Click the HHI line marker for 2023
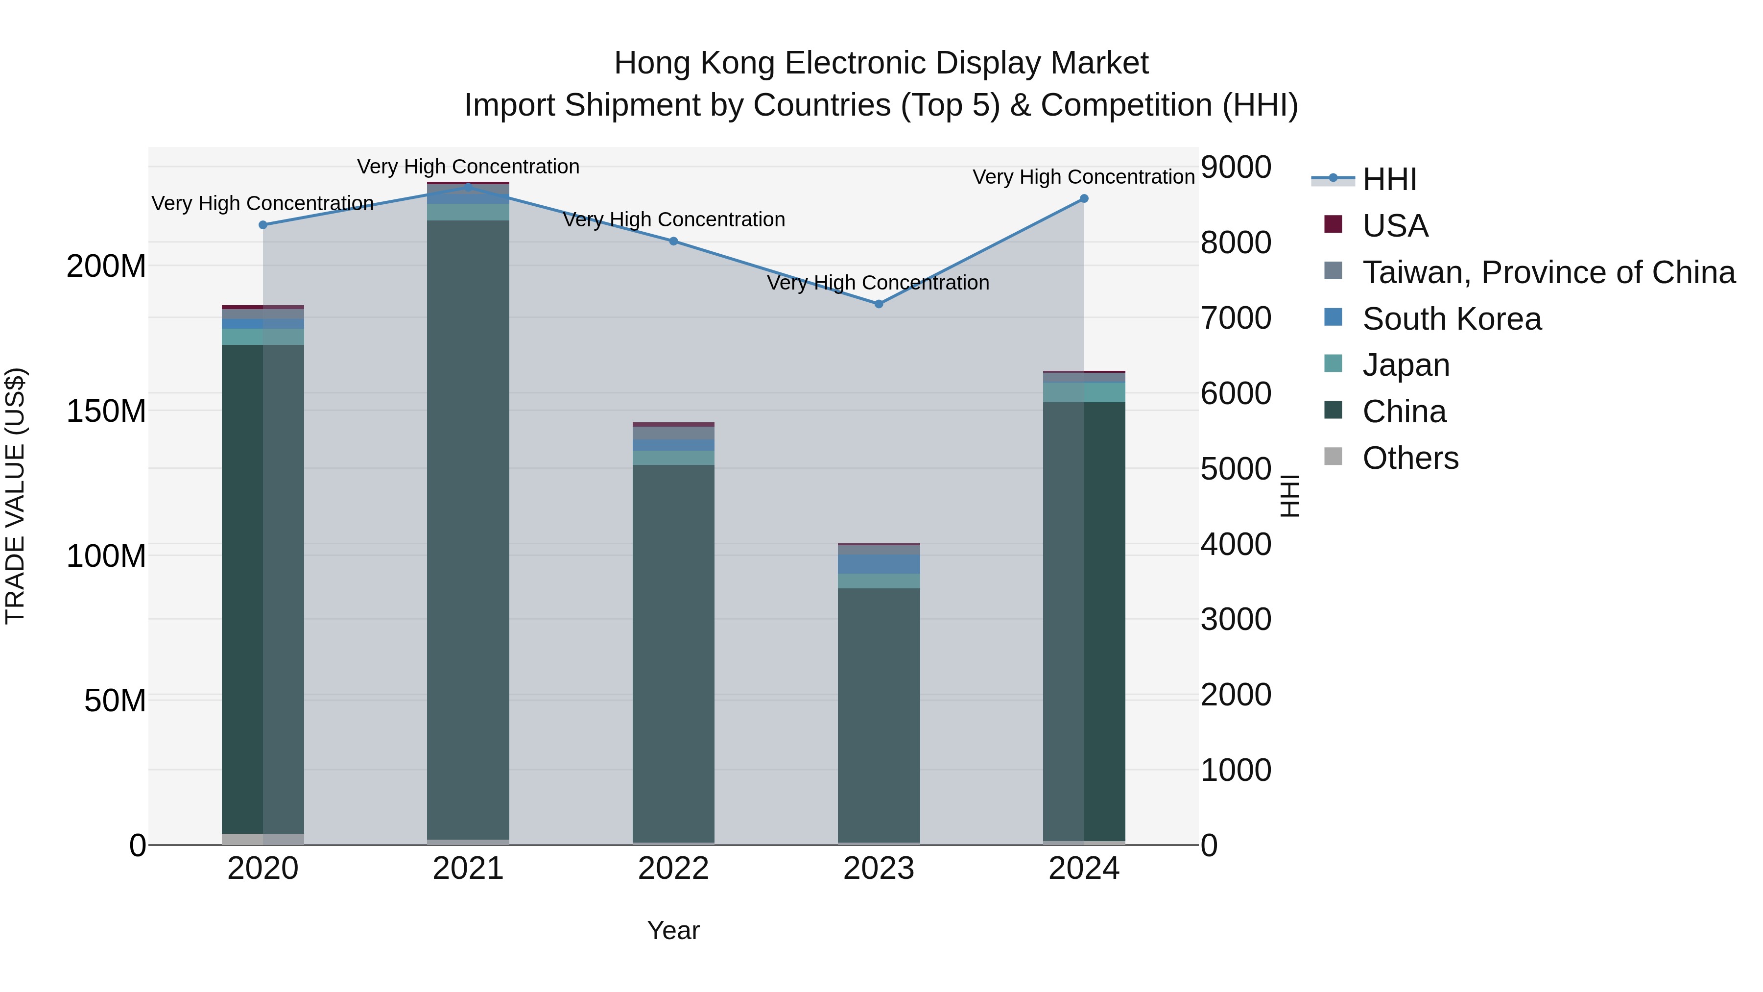click(879, 304)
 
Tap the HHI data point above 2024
click(1084, 198)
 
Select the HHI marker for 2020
click(263, 224)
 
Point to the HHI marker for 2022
click(673, 241)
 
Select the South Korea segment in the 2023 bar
click(879, 564)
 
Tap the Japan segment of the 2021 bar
click(468, 212)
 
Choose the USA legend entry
click(1395, 226)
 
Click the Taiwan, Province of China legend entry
click(1548, 272)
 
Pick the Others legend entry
click(1410, 458)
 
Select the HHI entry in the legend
click(1389, 179)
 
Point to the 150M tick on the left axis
click(106, 411)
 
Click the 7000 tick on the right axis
click(1236, 318)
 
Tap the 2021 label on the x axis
click(468, 869)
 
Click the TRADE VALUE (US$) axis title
click(15, 496)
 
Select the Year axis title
click(673, 930)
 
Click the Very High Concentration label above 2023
click(878, 283)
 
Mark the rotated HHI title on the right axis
click(1289, 496)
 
